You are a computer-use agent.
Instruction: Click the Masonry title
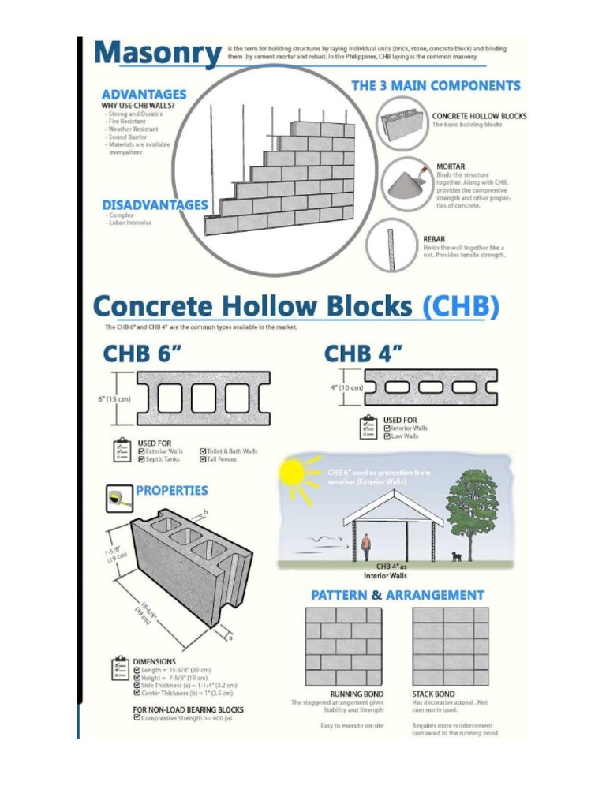click(x=157, y=55)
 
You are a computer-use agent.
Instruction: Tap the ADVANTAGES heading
click(x=143, y=94)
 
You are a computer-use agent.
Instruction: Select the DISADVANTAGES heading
click(x=155, y=204)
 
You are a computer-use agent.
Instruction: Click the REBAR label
click(x=435, y=238)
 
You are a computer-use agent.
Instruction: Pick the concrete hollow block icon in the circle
click(x=402, y=123)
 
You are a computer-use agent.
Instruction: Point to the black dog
click(x=457, y=555)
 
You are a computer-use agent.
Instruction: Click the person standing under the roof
click(x=366, y=546)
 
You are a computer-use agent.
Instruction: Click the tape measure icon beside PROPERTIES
click(x=119, y=497)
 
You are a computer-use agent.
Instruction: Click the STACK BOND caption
click(x=433, y=694)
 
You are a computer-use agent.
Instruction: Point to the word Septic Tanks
click(x=163, y=459)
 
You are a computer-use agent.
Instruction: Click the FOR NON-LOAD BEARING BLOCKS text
click(x=188, y=709)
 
